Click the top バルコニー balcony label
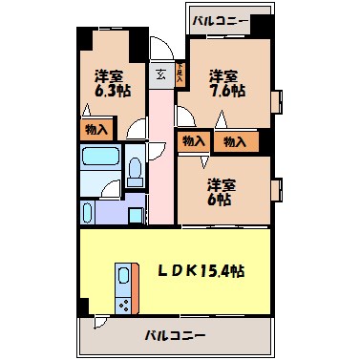(x=220, y=19)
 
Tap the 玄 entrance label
(x=159, y=72)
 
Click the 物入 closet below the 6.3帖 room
(x=95, y=128)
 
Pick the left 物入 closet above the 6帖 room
(x=193, y=141)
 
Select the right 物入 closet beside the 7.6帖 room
(x=234, y=141)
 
